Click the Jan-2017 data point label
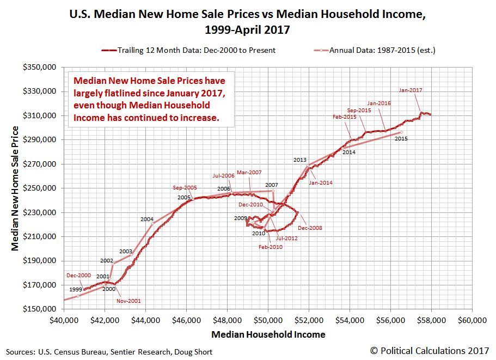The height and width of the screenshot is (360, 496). point(410,90)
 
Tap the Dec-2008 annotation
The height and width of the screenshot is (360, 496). point(310,228)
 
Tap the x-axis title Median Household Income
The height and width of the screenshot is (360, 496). point(268,334)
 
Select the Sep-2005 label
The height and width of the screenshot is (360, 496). point(185,188)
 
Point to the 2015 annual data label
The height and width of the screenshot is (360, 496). point(401,139)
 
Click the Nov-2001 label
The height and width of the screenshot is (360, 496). point(129,300)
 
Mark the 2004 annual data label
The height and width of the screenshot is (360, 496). point(147,219)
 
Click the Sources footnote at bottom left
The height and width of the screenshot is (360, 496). point(109,352)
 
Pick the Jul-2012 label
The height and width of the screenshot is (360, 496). point(286,238)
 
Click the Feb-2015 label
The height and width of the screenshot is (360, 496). point(344,117)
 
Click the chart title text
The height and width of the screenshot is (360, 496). point(247,21)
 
